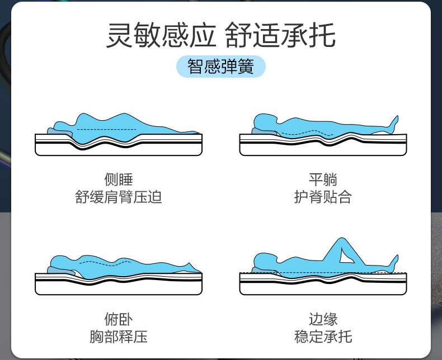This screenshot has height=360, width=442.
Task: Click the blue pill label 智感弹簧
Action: (x=220, y=67)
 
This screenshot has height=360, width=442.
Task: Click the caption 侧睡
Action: (x=118, y=180)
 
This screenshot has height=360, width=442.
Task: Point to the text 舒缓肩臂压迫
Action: (x=118, y=197)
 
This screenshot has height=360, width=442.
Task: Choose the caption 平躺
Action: (x=323, y=180)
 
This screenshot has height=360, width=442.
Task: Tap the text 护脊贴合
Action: (x=323, y=197)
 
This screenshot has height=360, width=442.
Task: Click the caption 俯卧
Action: (x=118, y=319)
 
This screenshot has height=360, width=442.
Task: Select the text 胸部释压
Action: (x=118, y=337)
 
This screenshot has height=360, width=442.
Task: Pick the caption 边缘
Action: (x=323, y=319)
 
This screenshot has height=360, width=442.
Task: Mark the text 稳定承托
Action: (x=323, y=337)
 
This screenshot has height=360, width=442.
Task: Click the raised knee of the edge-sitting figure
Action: (x=341, y=241)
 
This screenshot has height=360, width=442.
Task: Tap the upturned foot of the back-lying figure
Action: (x=394, y=120)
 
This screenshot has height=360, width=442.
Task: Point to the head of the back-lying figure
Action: (x=264, y=121)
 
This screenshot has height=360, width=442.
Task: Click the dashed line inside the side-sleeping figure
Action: (x=106, y=130)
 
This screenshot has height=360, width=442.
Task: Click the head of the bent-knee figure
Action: (x=264, y=260)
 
